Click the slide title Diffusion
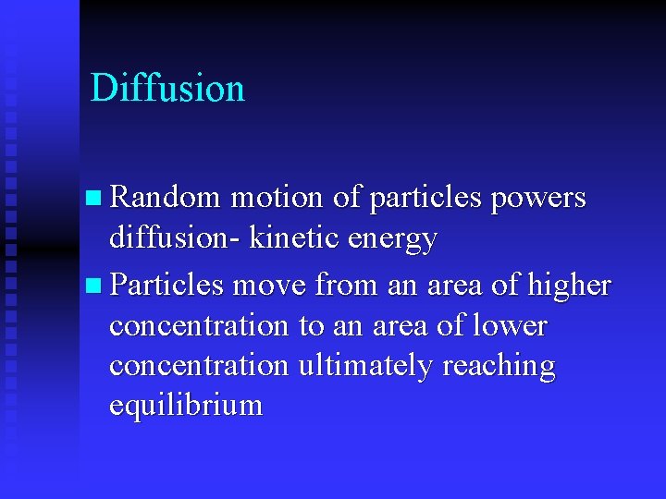coord(167,89)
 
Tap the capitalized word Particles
coord(166,285)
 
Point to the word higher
coord(569,285)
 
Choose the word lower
coord(511,325)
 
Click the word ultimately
coord(366,367)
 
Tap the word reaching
coord(499,367)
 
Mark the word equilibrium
coord(186,407)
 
